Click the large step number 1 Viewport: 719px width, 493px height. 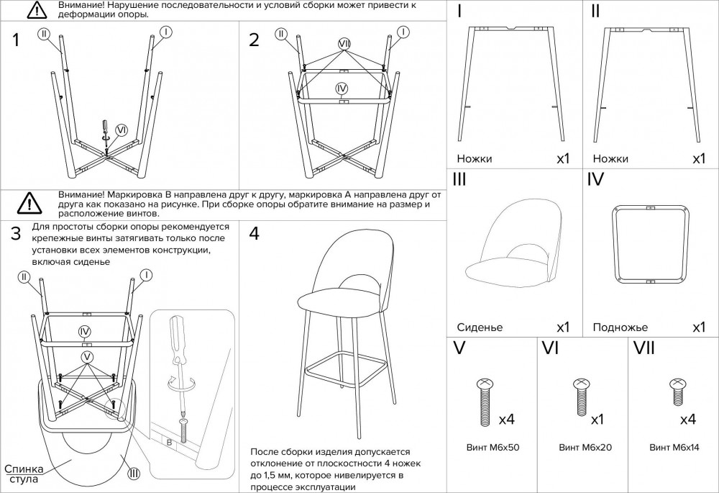point(17,41)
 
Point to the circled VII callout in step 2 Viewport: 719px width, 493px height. point(344,45)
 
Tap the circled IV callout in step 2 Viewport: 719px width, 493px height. point(342,88)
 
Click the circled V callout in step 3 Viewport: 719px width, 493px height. point(87,356)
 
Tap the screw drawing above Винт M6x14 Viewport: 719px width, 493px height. point(676,392)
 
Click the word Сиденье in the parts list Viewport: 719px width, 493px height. point(480,327)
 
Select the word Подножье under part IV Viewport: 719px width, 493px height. point(620,327)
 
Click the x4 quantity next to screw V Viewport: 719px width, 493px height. point(506,419)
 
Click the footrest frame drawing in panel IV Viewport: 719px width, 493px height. point(649,244)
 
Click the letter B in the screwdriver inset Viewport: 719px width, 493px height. point(169,443)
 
